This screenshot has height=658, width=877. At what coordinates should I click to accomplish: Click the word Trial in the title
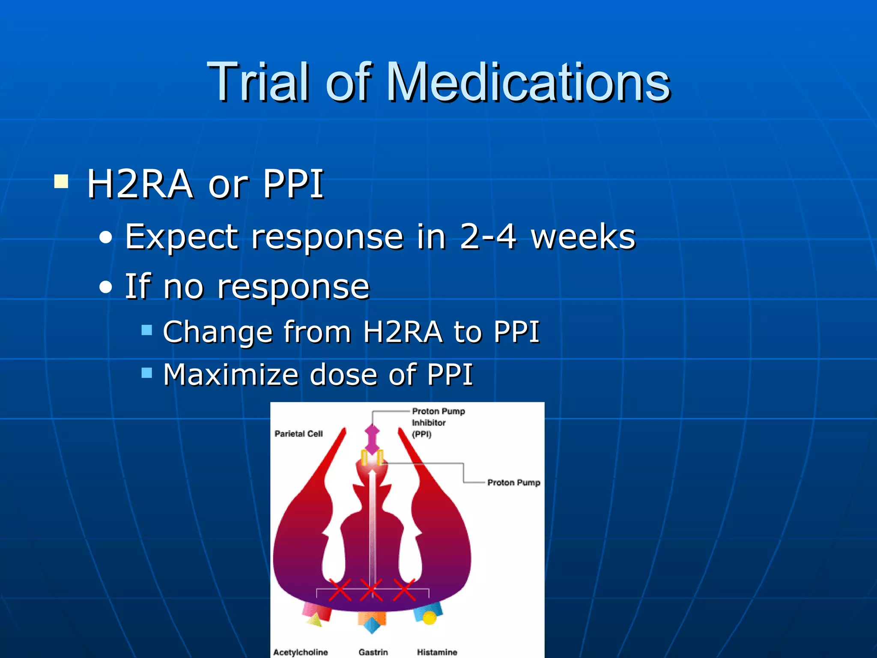pyautogui.click(x=257, y=82)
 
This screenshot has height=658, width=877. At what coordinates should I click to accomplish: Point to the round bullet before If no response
pyautogui.click(x=105, y=287)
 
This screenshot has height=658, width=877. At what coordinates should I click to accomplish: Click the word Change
pyautogui.click(x=218, y=332)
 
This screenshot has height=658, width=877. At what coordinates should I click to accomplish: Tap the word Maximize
pyautogui.click(x=230, y=375)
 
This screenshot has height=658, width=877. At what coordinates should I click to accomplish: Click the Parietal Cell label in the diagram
pyautogui.click(x=298, y=434)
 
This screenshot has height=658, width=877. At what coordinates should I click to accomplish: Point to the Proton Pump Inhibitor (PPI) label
pyautogui.click(x=438, y=422)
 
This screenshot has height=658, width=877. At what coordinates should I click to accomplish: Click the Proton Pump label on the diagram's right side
pyautogui.click(x=513, y=482)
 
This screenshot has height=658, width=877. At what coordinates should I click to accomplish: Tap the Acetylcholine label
pyautogui.click(x=300, y=652)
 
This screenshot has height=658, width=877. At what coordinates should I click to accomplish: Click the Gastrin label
pyautogui.click(x=373, y=652)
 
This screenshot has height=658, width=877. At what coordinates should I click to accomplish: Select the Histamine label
pyautogui.click(x=437, y=652)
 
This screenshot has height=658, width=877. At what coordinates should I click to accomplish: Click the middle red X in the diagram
pyautogui.click(x=371, y=590)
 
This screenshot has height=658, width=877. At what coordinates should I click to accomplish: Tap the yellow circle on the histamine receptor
pyautogui.click(x=429, y=617)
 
